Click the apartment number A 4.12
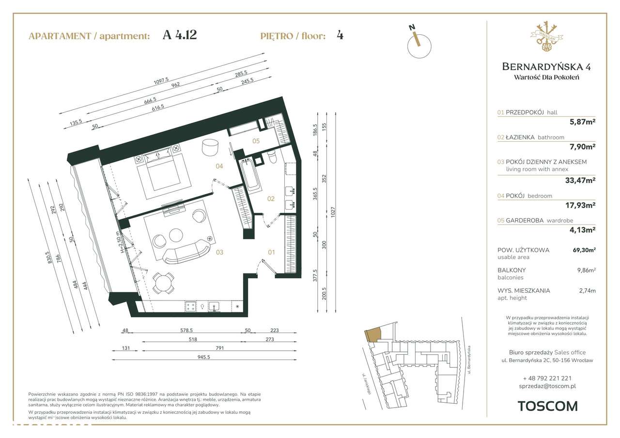point(180,35)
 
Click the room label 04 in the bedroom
point(219,166)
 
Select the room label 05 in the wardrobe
point(256,141)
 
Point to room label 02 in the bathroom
point(271,198)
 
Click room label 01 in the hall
point(272,252)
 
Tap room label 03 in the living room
point(219,252)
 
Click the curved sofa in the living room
point(187,252)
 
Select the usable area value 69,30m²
point(584,250)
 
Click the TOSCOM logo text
point(547,406)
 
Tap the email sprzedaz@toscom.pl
point(547,386)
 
